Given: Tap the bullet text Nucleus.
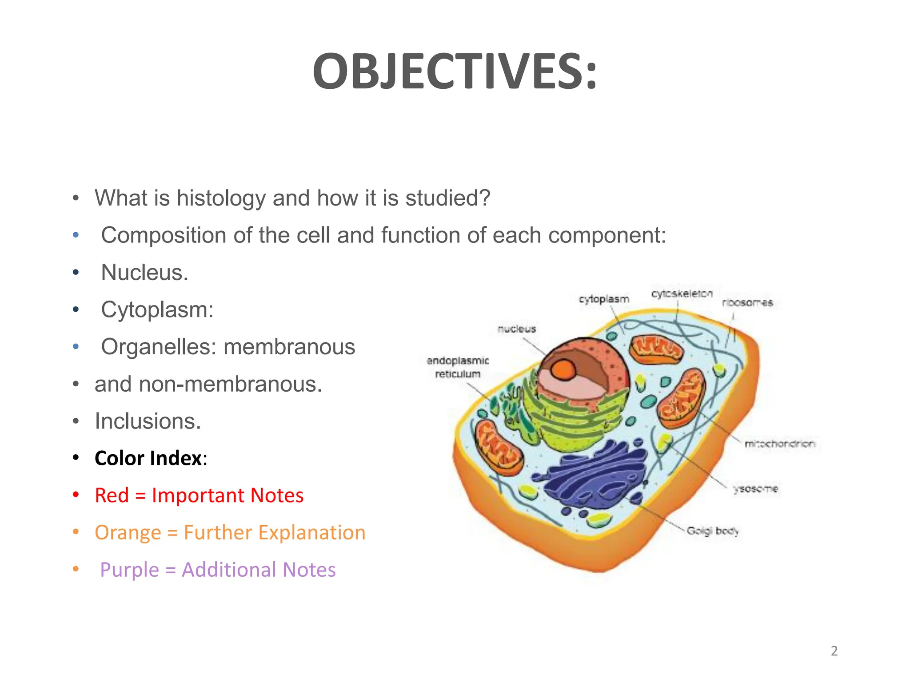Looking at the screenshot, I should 144,273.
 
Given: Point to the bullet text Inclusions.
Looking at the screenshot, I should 148,421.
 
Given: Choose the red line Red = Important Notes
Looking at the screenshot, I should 199,496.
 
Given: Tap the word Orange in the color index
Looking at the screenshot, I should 128,533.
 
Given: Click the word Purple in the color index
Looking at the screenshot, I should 129,570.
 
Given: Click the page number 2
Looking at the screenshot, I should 834,651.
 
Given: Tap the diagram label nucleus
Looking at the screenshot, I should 517,329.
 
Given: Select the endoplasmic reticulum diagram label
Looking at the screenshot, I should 458,367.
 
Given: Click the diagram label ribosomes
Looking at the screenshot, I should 747,303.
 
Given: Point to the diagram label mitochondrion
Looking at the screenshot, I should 780,444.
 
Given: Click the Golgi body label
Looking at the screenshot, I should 712,531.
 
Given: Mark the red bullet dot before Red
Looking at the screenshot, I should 76,495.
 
